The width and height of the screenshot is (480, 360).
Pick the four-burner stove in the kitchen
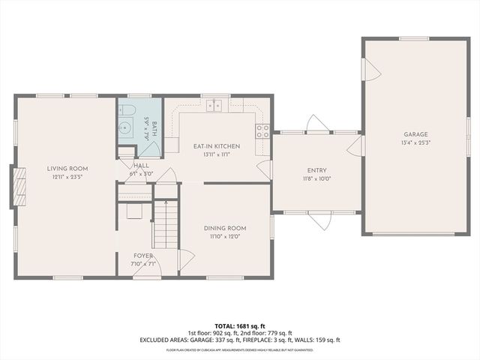262,132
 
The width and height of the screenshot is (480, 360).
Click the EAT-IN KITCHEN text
216,146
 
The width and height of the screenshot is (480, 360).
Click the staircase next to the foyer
166,225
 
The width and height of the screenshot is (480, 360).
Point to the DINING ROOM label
225,228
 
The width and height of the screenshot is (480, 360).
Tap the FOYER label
143,256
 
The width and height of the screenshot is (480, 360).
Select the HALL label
142,165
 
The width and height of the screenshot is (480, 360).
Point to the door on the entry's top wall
316,124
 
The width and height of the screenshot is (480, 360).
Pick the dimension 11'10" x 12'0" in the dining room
225,236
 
